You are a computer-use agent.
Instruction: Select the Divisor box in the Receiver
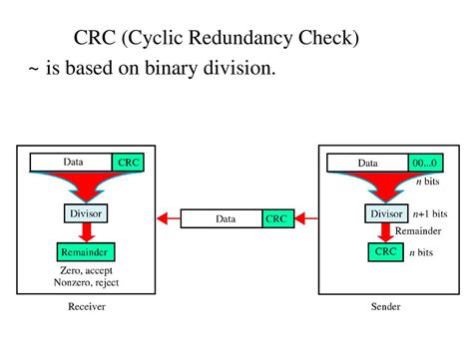[86, 212]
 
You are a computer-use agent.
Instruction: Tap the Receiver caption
[86, 307]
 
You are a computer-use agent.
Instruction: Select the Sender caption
[385, 307]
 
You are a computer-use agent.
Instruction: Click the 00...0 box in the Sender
[424, 163]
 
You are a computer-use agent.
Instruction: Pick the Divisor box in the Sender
[386, 213]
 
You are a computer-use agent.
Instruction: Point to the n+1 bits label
[431, 213]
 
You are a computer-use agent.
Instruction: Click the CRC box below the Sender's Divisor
[386, 252]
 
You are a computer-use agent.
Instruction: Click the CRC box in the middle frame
[277, 218]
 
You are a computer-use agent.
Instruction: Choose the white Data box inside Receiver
[73, 162]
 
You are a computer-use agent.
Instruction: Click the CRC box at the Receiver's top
[129, 162]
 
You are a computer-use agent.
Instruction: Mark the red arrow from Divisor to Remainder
[86, 231]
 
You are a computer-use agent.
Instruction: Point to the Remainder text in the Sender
[417, 230]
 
